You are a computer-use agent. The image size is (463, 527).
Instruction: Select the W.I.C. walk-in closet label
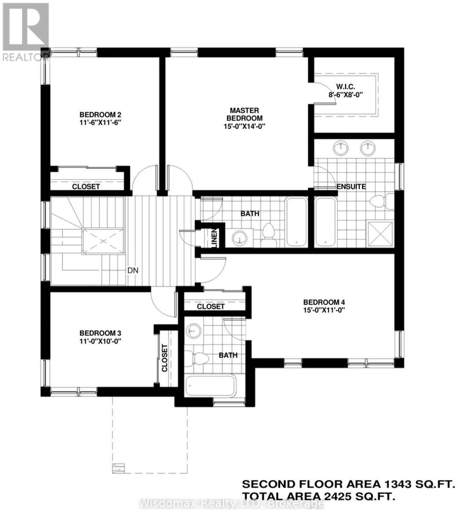[349, 86]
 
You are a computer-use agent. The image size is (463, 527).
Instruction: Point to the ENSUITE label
[351, 187]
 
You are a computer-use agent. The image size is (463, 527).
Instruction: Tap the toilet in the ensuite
[377, 202]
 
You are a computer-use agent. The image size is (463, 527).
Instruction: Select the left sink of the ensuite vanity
[340, 149]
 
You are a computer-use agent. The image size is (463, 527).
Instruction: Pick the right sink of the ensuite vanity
[368, 149]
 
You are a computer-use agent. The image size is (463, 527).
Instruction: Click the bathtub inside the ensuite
[326, 222]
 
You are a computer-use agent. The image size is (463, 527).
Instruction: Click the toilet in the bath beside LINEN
[268, 234]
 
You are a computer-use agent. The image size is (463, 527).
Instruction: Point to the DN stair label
[133, 271]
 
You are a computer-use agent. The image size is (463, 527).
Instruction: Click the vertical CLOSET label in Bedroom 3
[165, 358]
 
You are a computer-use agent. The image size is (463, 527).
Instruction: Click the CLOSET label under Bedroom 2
[86, 186]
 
